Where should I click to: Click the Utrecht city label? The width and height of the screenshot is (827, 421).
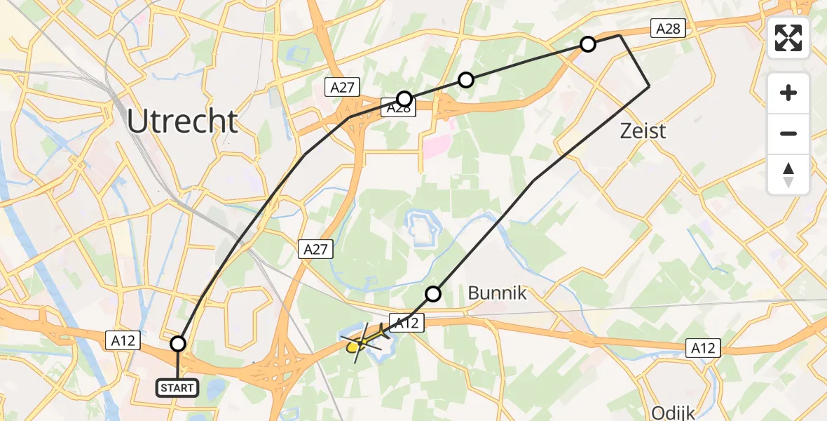[x=182, y=122]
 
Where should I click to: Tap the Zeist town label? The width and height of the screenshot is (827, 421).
[x=643, y=131]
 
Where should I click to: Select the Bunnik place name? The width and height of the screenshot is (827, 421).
[x=497, y=293]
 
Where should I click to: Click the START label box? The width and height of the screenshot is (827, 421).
[x=178, y=387]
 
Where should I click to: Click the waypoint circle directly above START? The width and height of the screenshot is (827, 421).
[x=178, y=344]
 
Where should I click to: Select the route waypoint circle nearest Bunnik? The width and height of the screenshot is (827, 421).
[x=434, y=293]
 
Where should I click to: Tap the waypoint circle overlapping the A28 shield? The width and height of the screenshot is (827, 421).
[x=404, y=98]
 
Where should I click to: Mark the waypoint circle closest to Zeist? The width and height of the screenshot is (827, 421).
[x=588, y=44]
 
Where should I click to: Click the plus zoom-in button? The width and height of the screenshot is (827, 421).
[x=788, y=93]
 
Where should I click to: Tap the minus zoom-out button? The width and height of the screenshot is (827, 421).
[x=788, y=133]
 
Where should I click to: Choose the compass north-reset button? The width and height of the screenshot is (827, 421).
[x=788, y=174]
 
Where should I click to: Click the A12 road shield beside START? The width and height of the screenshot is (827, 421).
[x=124, y=340]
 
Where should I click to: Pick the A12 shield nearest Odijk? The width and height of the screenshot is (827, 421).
[x=702, y=348]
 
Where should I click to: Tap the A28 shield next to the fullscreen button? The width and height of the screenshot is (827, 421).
[x=667, y=28]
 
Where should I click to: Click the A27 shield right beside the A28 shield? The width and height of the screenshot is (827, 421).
[x=343, y=87]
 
